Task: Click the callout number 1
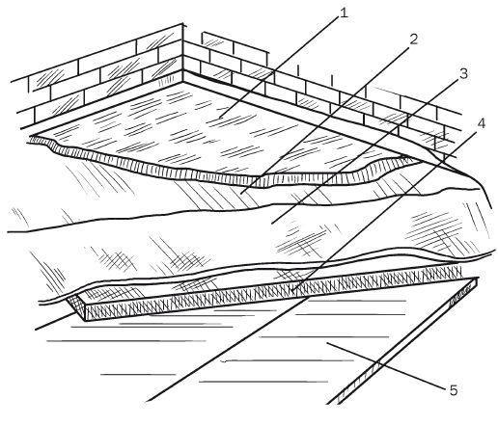click(x=344, y=13)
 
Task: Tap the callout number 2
click(x=413, y=40)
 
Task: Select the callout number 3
click(x=463, y=73)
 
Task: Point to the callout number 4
click(x=481, y=123)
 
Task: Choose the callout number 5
click(x=454, y=390)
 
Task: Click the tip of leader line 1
click(x=220, y=118)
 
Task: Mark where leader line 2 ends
click(x=240, y=194)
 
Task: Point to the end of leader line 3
click(x=272, y=223)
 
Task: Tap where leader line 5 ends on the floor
click(x=327, y=343)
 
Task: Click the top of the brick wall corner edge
click(x=183, y=23)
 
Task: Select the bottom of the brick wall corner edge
click(x=183, y=82)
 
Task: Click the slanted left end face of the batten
click(x=76, y=306)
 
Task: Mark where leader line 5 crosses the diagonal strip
click(x=378, y=364)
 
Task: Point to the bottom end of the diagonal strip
click(x=333, y=403)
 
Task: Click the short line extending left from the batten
click(x=55, y=321)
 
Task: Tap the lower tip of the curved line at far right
click(x=491, y=208)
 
